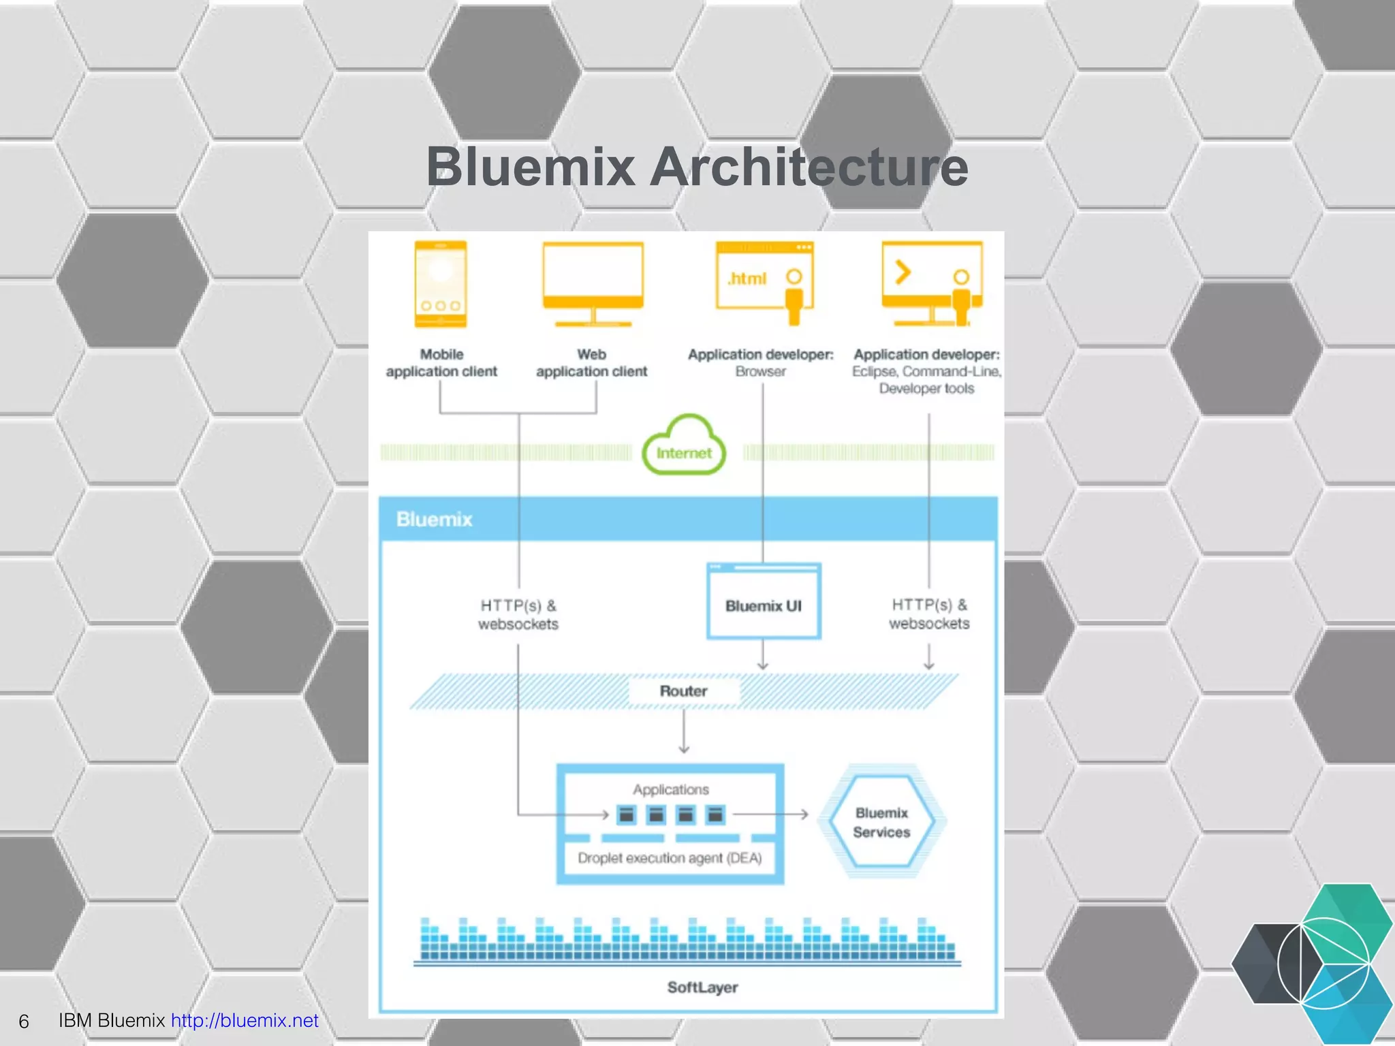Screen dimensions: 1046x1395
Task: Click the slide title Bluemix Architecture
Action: (697, 167)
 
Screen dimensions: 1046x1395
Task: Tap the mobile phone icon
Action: (441, 284)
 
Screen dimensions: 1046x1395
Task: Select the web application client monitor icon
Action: (593, 283)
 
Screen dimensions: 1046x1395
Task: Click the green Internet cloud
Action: (684, 447)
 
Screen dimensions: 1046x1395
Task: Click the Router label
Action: (683, 691)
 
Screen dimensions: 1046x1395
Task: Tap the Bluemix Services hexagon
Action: (881, 822)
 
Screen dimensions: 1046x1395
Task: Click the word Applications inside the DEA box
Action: (670, 789)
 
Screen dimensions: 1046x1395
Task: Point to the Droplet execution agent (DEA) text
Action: (670, 858)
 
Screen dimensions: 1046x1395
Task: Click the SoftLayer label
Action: (702, 987)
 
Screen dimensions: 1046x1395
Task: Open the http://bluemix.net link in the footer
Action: (245, 1020)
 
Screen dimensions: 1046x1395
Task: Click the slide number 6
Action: (24, 1021)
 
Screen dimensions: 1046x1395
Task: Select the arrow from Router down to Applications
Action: (684, 732)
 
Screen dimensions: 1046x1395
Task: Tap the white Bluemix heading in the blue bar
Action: (434, 520)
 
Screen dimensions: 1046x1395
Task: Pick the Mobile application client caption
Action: (441, 363)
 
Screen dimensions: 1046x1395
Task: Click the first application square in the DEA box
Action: (626, 814)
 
